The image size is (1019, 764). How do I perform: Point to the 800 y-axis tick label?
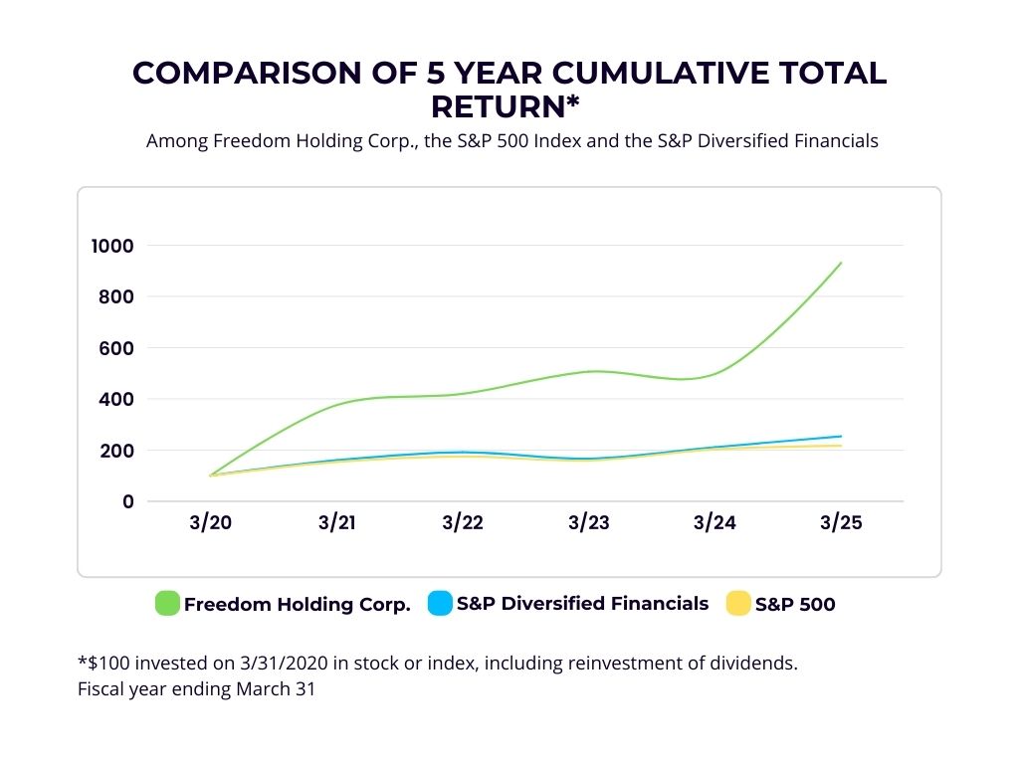point(116,296)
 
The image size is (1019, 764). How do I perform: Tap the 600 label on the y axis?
point(116,348)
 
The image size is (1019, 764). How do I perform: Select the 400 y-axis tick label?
point(116,399)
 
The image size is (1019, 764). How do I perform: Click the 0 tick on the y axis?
point(126,501)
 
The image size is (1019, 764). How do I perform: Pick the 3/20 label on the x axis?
point(209,524)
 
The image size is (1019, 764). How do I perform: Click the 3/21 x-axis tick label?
point(335,524)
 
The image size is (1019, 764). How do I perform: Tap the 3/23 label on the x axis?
point(588,524)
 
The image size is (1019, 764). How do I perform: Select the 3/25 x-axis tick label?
point(841,524)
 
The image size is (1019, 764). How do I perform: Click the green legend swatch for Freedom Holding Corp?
point(167,603)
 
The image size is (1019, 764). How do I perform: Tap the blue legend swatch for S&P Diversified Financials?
point(439,603)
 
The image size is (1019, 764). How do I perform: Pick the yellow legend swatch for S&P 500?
point(738,603)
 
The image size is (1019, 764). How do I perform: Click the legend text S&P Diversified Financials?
point(582,603)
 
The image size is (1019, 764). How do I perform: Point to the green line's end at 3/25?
point(841,263)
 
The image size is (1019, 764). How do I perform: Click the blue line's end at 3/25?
point(841,436)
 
